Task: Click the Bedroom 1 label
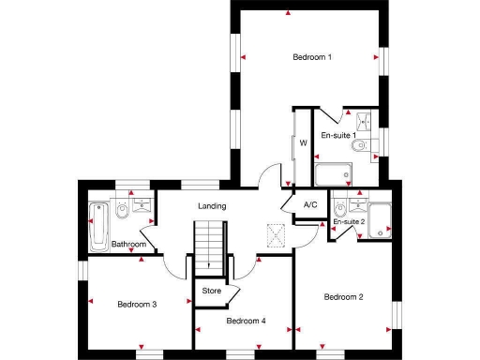[312, 58]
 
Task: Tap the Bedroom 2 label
[343, 297]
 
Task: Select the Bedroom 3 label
[137, 304]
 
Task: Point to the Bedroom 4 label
[247, 321]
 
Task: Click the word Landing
[213, 206]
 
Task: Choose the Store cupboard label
[213, 292]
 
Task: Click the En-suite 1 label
[337, 136]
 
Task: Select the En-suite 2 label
[349, 221]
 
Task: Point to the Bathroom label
[128, 245]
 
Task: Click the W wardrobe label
[303, 143]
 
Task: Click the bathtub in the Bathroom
[97, 227]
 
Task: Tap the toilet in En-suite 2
[340, 207]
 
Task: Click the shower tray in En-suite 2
[380, 218]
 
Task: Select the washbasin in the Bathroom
[142, 205]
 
